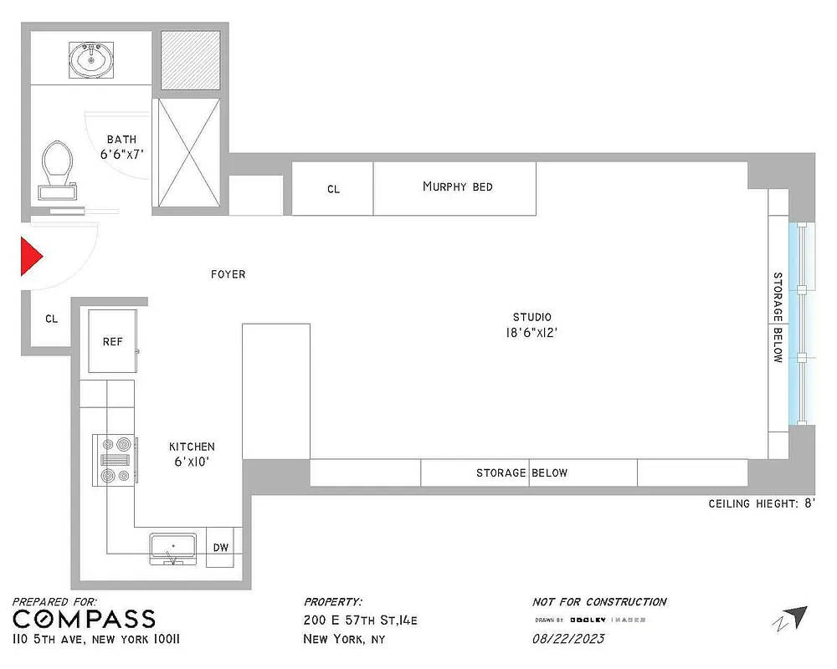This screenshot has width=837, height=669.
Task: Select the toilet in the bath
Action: tap(58, 167)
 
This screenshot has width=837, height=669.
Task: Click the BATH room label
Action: tap(121, 147)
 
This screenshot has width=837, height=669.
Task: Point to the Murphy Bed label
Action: tap(457, 186)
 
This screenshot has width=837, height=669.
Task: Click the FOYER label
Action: tap(228, 274)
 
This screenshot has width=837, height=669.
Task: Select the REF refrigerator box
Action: tap(113, 341)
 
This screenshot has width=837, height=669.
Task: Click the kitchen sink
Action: tap(173, 548)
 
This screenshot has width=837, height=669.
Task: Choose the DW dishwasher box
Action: tap(220, 548)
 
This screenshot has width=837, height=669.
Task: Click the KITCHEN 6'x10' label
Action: tap(192, 454)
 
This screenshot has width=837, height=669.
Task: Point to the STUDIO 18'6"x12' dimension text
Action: tap(531, 324)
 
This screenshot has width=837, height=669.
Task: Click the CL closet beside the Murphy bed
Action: tap(333, 190)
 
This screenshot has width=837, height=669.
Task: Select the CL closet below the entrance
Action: tap(51, 319)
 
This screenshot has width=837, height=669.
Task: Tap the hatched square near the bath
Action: tap(190, 59)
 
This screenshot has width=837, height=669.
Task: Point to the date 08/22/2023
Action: tap(568, 639)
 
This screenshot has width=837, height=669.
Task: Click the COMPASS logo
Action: tap(84, 620)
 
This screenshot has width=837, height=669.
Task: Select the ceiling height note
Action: tap(761, 503)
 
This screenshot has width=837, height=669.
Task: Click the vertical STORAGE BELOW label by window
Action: tap(778, 317)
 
